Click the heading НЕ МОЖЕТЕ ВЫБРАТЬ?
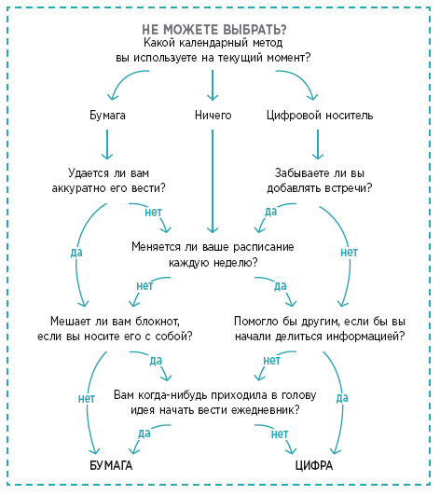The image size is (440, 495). (x=214, y=30)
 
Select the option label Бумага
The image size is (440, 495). (x=107, y=116)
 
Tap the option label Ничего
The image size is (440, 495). (x=213, y=116)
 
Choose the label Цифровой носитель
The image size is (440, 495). (x=320, y=116)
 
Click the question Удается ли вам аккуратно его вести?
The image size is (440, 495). (x=108, y=181)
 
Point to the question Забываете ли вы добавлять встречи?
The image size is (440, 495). (x=320, y=181)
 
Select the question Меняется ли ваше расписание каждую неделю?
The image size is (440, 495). (x=213, y=254)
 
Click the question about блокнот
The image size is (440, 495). (x=115, y=329)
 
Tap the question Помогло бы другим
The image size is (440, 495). (x=320, y=329)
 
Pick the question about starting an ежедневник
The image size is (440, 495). (x=215, y=403)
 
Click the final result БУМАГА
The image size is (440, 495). (x=111, y=466)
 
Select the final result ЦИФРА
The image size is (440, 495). (x=314, y=466)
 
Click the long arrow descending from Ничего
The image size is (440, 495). (x=213, y=182)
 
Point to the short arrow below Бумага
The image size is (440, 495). (x=107, y=144)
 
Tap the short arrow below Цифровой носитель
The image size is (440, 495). (x=318, y=144)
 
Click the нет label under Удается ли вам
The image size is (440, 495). (x=154, y=213)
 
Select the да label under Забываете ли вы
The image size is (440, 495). (x=271, y=212)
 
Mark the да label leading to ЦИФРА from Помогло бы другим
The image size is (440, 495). (x=342, y=398)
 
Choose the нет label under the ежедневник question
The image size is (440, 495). (x=280, y=434)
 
